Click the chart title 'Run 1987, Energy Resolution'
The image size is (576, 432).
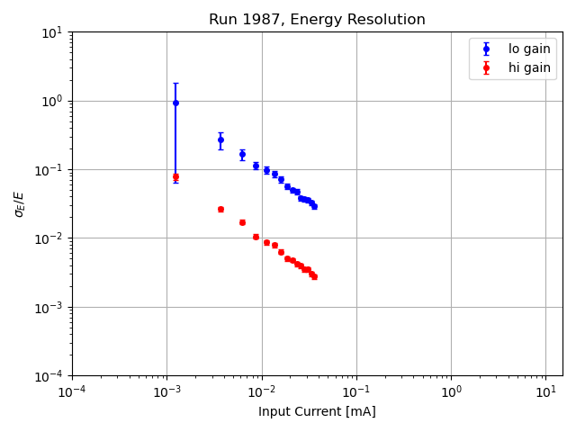click(317, 20)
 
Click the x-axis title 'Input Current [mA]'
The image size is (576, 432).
click(317, 411)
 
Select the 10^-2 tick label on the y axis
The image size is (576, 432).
click(49, 238)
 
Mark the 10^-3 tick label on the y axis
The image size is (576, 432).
click(49, 307)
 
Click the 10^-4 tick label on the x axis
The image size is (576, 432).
click(72, 391)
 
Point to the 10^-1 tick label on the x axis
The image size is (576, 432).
click(356, 391)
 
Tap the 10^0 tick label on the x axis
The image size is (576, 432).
click(451, 391)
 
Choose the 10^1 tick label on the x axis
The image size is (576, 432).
click(545, 391)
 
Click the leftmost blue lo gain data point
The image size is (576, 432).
click(175, 103)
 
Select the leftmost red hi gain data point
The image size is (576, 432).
click(175, 176)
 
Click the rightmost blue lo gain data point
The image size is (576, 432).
click(314, 206)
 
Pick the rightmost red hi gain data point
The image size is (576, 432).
click(314, 276)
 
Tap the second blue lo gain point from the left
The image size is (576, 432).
click(220, 139)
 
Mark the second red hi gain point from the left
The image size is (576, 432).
click(220, 209)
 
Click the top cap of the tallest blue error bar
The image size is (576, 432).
click(175, 84)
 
